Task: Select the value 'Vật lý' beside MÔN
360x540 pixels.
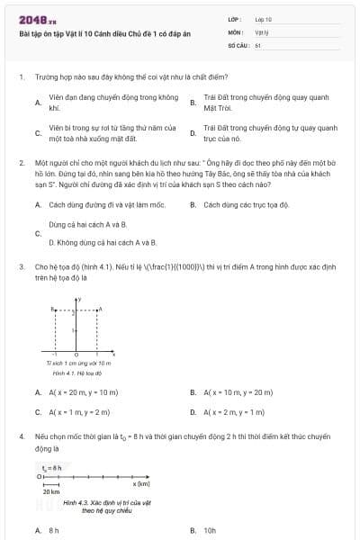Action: point(262,31)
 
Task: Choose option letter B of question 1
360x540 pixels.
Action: point(193,103)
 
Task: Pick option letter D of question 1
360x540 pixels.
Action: point(193,133)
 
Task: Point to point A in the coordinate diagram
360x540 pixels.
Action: point(98,309)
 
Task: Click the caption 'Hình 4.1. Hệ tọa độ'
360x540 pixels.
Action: point(73,372)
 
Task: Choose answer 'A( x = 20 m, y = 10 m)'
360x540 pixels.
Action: point(84,392)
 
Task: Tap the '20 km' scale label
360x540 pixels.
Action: point(51,492)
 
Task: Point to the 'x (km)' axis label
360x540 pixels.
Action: point(141,484)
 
